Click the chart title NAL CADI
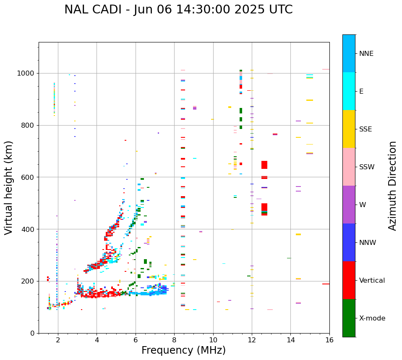pos(178,10)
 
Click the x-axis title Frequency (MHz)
pos(183,350)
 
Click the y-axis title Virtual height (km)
pos(9,188)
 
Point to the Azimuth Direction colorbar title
pos(392,186)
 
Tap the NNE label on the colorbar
pos(366,54)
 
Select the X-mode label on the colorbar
pos(372,318)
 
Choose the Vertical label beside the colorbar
pos(372,281)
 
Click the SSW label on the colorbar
pos(367,167)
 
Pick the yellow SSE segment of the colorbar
pos(349,129)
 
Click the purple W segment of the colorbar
pos(349,205)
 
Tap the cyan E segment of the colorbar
pos(349,91)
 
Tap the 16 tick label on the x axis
pos(329,340)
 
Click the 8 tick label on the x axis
pos(174,340)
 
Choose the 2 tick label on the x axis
pos(58,340)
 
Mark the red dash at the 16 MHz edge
pos(326,284)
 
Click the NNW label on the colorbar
pos(368,243)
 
